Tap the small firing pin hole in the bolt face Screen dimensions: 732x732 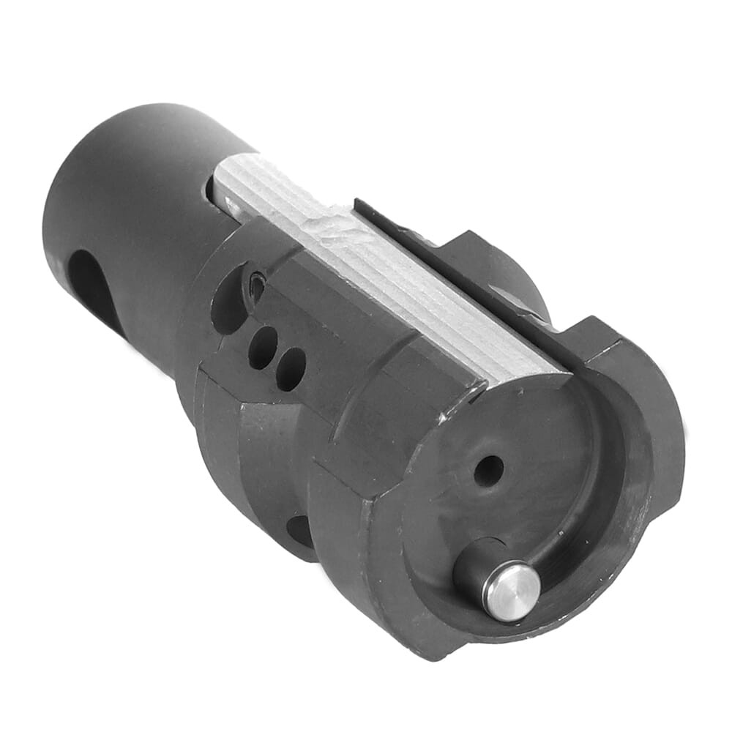tap(488, 469)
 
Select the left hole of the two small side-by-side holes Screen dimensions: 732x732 tap(262, 346)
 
